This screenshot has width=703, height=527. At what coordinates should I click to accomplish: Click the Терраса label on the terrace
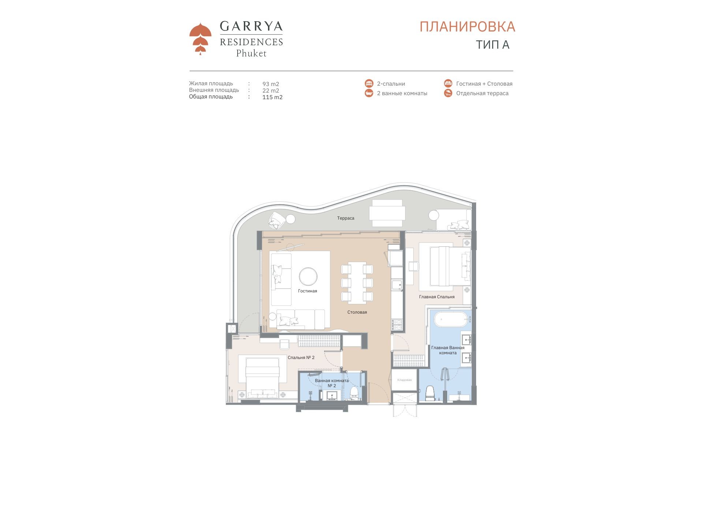pos(346,218)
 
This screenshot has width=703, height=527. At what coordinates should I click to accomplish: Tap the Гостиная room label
pos(308,291)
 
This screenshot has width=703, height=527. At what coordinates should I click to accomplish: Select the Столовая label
pos(357,312)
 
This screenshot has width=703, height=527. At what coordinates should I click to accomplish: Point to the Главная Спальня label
pos(437,297)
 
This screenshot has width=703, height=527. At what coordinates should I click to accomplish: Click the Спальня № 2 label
pos(301,358)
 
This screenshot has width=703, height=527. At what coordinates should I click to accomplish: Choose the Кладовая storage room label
pos(405,380)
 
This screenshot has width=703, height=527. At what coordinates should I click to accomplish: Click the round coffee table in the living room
pos(308,277)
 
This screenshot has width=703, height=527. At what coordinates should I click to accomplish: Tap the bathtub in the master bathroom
pos(451,319)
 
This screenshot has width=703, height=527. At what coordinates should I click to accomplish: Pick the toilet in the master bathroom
pos(430,393)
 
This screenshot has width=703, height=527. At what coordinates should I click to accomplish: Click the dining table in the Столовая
pos(357,283)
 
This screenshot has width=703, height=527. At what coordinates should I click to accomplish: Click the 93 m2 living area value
pos(271,84)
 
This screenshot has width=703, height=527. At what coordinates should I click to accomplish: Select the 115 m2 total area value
pos(272,97)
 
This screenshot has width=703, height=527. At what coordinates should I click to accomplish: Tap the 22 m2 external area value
pos(271,91)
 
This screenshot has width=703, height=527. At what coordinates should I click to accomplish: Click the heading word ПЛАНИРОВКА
pos(467,27)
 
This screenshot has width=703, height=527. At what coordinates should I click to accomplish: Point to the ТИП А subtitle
pos(492,45)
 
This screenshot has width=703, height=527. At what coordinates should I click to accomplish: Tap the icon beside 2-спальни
pos(369,83)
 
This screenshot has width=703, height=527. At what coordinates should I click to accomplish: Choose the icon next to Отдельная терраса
pos(448,93)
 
